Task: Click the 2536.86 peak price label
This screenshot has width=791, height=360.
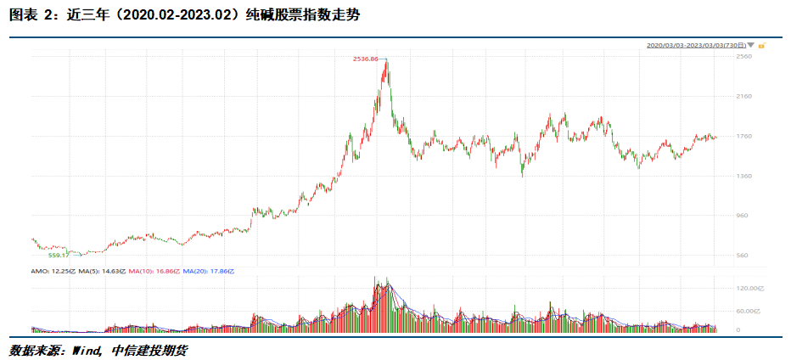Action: pos(365,59)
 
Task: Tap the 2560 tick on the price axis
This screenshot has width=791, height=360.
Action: pos(744,56)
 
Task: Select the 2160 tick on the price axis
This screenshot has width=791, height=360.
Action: pos(744,96)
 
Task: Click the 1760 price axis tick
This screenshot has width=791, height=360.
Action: pos(744,136)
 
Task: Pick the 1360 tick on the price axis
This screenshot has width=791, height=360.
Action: pos(744,176)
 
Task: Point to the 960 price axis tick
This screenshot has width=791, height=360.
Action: pos(743,216)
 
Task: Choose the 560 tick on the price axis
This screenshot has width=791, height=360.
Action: pos(743,256)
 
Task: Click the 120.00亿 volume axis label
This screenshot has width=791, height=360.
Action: pos(749,289)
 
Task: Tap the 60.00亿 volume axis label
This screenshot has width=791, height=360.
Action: pos(748,311)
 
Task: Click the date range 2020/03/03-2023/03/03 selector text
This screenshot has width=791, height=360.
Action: pos(695,45)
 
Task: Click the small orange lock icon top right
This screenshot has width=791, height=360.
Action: pos(762,45)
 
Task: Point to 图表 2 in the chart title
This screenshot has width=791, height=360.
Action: pos(31,16)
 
